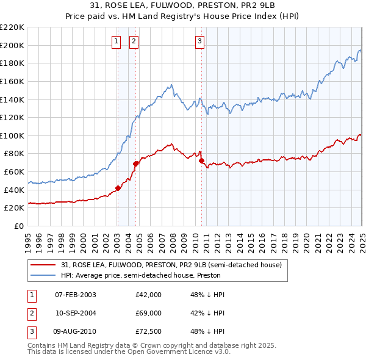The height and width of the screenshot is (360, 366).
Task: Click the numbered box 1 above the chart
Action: [116, 41]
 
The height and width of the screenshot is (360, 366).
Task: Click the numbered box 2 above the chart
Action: [134, 41]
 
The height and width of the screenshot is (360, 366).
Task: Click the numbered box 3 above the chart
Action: [199, 41]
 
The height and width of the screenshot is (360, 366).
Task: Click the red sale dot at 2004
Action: [135, 164]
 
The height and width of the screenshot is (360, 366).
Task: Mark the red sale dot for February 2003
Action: [118, 188]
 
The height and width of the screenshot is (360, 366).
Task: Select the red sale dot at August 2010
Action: [201, 160]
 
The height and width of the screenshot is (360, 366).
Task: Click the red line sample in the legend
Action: [44, 265]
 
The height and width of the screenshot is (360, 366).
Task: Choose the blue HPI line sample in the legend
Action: [44, 275]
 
